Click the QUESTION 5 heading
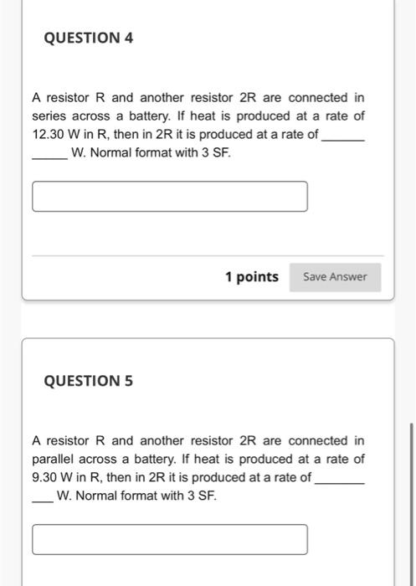[88, 381]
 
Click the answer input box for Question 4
[170, 196]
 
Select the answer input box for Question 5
[170, 539]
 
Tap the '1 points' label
[251, 276]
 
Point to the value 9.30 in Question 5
[47, 477]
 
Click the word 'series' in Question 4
[50, 116]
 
